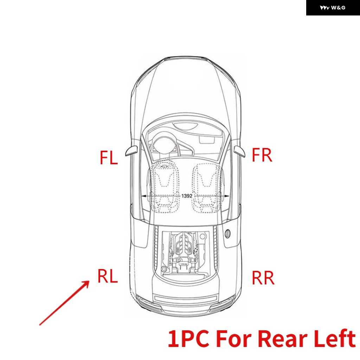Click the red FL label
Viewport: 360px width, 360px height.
point(109,157)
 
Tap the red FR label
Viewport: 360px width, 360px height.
point(262,155)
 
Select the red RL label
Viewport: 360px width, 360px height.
point(108,276)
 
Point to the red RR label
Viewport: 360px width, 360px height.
point(263,278)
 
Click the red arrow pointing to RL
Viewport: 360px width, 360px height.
point(64,303)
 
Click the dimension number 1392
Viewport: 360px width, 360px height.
point(187,196)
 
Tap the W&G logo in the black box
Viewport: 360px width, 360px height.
point(333,8)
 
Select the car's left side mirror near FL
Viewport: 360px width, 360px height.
point(131,150)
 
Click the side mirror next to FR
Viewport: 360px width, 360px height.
point(239,151)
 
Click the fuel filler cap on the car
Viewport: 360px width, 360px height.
point(227,233)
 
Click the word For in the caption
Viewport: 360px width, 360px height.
point(233,339)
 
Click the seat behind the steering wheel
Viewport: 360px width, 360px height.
point(165,187)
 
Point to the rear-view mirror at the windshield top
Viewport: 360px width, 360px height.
point(186,126)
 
